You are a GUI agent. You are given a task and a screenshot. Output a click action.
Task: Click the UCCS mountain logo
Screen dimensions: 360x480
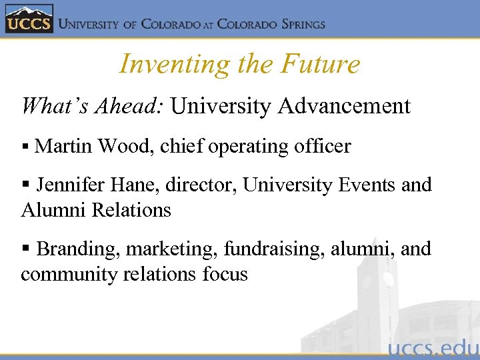(27, 19)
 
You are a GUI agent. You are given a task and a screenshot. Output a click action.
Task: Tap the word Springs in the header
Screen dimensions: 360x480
(294, 25)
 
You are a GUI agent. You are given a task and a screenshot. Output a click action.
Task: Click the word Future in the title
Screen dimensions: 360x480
(321, 65)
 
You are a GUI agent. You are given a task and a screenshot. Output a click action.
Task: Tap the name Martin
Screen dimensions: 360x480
(63, 146)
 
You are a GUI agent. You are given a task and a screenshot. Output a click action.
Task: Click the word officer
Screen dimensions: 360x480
(323, 146)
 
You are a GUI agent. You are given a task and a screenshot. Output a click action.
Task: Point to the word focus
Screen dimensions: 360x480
(224, 274)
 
